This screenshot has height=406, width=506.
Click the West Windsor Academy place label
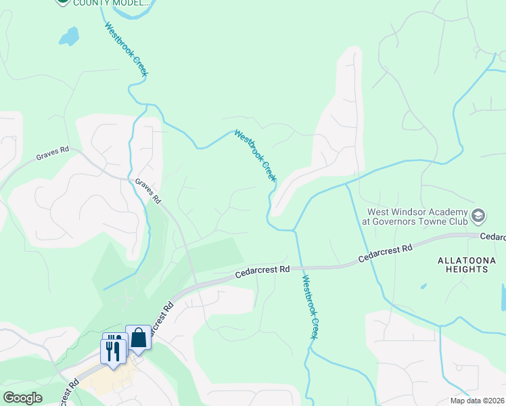pos(417,216)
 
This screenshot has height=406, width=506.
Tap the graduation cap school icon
pos(478,216)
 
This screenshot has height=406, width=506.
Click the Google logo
pos(22,398)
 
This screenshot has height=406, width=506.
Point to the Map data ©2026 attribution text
pos(478,401)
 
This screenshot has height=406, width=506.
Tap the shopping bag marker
pos(138,338)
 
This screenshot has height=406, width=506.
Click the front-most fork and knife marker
pos(113,351)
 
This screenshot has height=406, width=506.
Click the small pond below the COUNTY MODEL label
pos(68,36)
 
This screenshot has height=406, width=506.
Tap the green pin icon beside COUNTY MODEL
pos(62,1)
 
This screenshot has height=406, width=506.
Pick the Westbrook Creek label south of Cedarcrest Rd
pos(310,307)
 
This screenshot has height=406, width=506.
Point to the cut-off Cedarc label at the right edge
pos(493,237)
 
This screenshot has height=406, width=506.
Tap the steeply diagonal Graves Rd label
pos(147,191)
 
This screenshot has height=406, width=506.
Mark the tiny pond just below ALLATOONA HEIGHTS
pos(423,286)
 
